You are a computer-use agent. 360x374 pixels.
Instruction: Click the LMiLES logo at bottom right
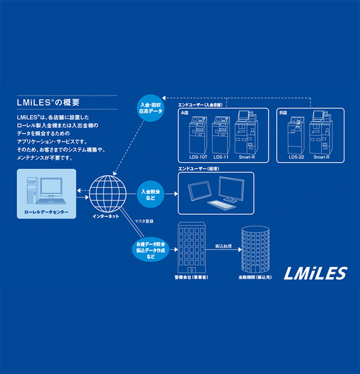click(x=315, y=273)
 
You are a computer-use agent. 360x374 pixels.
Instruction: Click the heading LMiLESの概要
click(x=48, y=103)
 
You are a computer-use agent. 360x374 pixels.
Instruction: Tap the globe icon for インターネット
click(x=108, y=194)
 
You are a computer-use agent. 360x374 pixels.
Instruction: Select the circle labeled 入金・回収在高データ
click(x=151, y=108)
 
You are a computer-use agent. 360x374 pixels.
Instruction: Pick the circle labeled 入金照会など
click(x=150, y=194)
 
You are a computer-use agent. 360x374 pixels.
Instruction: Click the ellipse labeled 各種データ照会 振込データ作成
click(x=151, y=250)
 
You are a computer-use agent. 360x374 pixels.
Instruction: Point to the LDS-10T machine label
click(x=198, y=157)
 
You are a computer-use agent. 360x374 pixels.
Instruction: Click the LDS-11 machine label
click(x=221, y=157)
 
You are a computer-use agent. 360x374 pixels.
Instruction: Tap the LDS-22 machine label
click(x=296, y=157)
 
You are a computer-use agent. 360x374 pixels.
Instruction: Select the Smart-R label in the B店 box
click(x=321, y=157)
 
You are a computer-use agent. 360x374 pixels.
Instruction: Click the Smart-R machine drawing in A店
click(x=246, y=132)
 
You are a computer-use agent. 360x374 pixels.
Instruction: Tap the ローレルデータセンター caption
click(x=46, y=212)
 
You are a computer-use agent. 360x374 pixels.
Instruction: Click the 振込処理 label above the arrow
click(x=223, y=246)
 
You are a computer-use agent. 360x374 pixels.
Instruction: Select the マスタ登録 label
click(x=144, y=221)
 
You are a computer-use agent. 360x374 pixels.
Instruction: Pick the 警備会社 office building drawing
click(x=192, y=247)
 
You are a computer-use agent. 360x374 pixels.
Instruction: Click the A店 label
click(x=185, y=113)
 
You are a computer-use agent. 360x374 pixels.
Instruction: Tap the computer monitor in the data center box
click(x=51, y=187)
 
